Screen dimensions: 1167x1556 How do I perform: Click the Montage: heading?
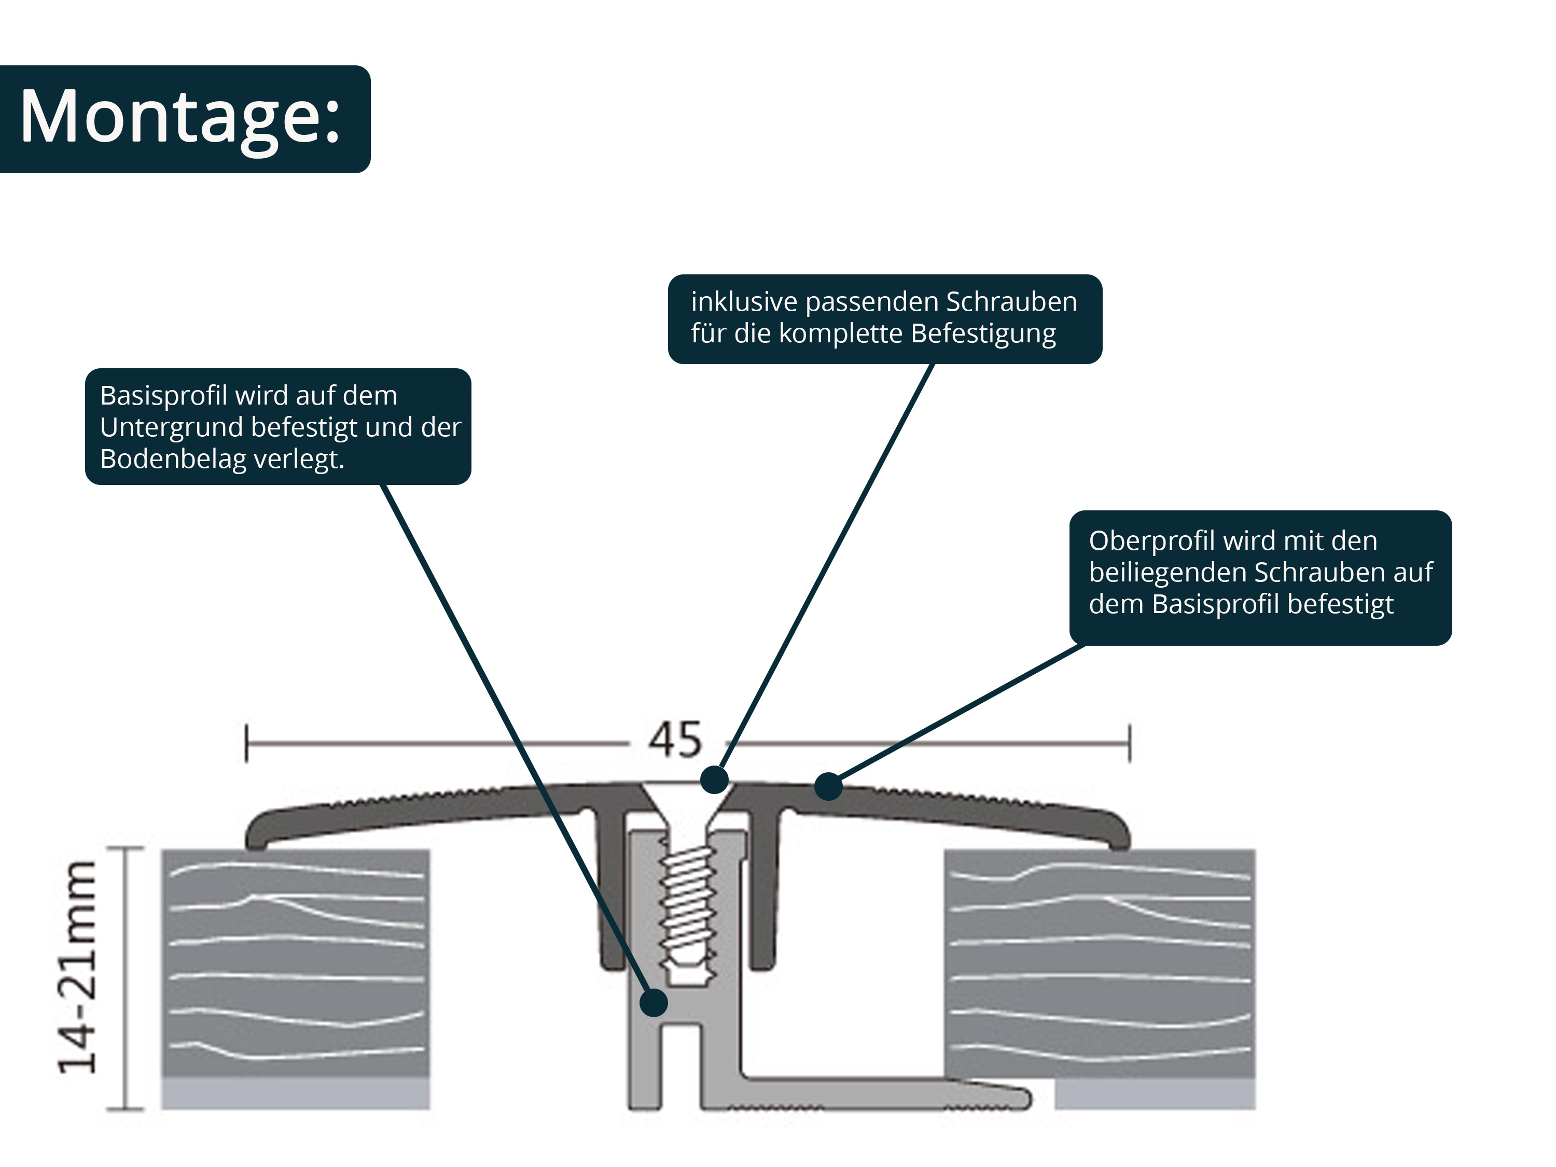(180, 117)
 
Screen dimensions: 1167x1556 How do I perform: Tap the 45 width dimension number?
(675, 740)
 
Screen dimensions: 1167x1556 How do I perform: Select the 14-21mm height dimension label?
(77, 967)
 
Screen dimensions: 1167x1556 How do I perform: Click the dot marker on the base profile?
(654, 1003)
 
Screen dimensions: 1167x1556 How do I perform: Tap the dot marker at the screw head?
(714, 780)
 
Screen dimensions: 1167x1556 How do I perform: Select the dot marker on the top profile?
(828, 786)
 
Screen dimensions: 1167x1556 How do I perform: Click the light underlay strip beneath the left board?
(296, 1094)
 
